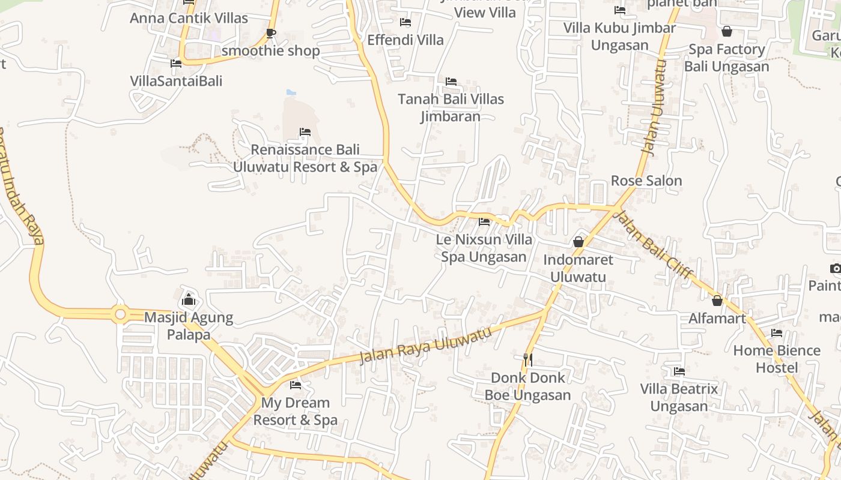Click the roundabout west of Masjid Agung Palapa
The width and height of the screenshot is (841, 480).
(x=120, y=313)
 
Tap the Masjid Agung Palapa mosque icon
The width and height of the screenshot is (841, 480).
(x=189, y=298)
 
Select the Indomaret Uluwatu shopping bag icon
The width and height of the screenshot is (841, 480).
(x=578, y=242)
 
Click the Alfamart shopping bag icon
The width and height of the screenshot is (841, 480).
(x=717, y=300)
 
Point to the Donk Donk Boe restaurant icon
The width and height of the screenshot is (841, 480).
(x=528, y=359)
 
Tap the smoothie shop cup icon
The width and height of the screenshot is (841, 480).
(x=270, y=33)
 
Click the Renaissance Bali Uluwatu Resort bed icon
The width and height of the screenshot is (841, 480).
(x=305, y=132)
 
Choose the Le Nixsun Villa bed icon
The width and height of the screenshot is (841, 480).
(x=484, y=222)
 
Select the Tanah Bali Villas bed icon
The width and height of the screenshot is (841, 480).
(x=451, y=81)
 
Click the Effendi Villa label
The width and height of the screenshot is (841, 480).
(x=405, y=40)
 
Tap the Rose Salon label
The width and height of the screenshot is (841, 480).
(x=646, y=181)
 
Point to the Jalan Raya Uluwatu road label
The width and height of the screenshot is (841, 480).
(x=426, y=346)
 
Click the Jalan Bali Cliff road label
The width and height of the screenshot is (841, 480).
(x=655, y=246)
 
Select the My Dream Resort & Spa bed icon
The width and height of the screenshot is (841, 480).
(x=295, y=385)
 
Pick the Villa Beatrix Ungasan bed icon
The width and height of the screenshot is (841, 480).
(x=679, y=371)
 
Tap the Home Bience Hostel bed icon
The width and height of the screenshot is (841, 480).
(x=777, y=332)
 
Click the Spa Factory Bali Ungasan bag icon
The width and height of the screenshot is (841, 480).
(x=727, y=31)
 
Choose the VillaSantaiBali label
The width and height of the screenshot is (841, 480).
(x=176, y=81)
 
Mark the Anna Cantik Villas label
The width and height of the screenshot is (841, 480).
(x=189, y=18)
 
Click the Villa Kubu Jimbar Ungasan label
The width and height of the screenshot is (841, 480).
(x=620, y=37)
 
